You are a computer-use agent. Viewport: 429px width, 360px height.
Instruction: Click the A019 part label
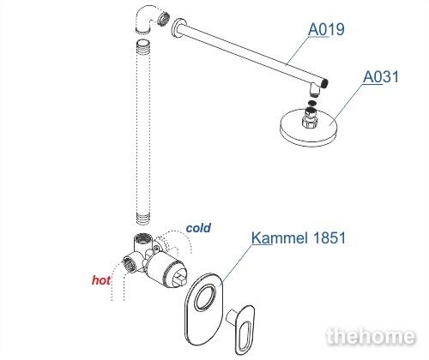pyautogui.click(x=326, y=29)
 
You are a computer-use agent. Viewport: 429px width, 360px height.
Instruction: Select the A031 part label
pyautogui.click(x=381, y=76)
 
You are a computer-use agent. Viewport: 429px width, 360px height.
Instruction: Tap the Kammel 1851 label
pyautogui.click(x=299, y=237)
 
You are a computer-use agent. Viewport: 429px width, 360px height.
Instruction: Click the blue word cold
pyautogui.click(x=198, y=228)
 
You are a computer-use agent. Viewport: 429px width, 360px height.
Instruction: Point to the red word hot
pyautogui.click(x=101, y=280)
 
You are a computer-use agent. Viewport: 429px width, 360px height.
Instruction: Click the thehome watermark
pyautogui.click(x=371, y=336)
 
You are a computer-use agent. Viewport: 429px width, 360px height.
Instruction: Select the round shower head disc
pyautogui.click(x=309, y=128)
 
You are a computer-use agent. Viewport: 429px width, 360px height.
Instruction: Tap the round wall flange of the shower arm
pyautogui.click(x=178, y=28)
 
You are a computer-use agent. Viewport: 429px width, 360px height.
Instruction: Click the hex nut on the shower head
pyautogui.click(x=310, y=123)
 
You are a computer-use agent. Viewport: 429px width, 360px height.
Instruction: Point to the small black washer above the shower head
pyautogui.click(x=312, y=102)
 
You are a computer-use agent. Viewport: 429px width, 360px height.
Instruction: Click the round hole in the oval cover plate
pyautogui.click(x=206, y=297)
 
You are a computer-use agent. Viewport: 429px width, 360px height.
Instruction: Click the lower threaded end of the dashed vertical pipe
pyautogui.click(x=143, y=219)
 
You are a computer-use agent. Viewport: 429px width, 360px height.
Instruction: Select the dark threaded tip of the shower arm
pyautogui.click(x=324, y=83)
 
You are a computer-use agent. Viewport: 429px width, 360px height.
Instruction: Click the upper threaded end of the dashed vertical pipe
pyautogui.click(x=143, y=45)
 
